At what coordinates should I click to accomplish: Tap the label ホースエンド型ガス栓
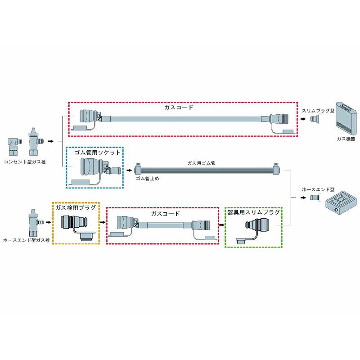coord(26,240)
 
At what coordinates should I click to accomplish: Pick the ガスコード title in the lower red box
coord(165,213)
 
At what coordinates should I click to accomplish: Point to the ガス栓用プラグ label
coord(75,208)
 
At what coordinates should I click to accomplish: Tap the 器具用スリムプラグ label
coord(253,212)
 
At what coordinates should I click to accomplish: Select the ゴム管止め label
coord(147,179)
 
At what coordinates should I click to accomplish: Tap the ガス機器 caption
coord(346,139)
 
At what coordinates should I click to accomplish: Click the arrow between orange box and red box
coord(103,222)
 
